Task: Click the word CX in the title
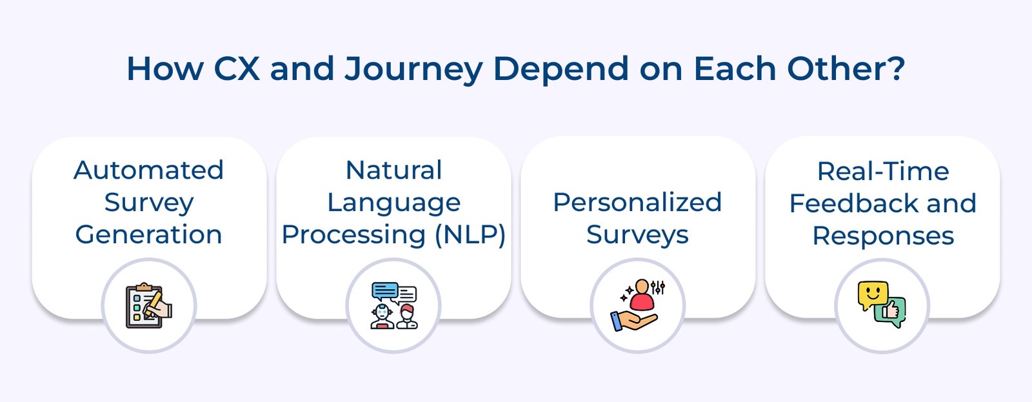[236, 68]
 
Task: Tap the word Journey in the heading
[413, 70]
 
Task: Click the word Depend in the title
[560, 70]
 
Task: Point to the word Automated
[149, 170]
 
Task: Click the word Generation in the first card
[149, 235]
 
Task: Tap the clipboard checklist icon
[148, 306]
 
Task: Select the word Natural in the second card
[393, 170]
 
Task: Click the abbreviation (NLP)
[470, 235]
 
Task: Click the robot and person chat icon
[393, 306]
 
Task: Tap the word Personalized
[637, 203]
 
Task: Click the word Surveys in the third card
[637, 235]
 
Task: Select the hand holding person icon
[637, 306]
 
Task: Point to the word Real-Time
[882, 172]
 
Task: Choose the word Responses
[882, 236]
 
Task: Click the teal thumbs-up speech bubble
[891, 312]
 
